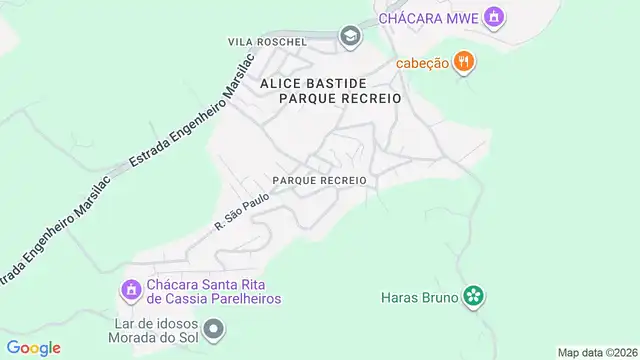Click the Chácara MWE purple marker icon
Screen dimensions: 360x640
pos(491,17)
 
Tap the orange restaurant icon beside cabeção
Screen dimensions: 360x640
pos(463,62)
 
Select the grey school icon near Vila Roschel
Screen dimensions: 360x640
pos(349,37)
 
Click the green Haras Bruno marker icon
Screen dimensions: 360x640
pos(474,296)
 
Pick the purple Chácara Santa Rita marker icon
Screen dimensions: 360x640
pos(129,290)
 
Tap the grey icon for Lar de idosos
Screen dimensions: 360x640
pos(213,328)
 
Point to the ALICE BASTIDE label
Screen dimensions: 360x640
pos(313,84)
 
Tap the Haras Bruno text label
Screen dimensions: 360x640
pos(419,297)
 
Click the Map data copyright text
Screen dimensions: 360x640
pos(597,352)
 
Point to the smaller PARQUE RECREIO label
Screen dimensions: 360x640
pos(319,180)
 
